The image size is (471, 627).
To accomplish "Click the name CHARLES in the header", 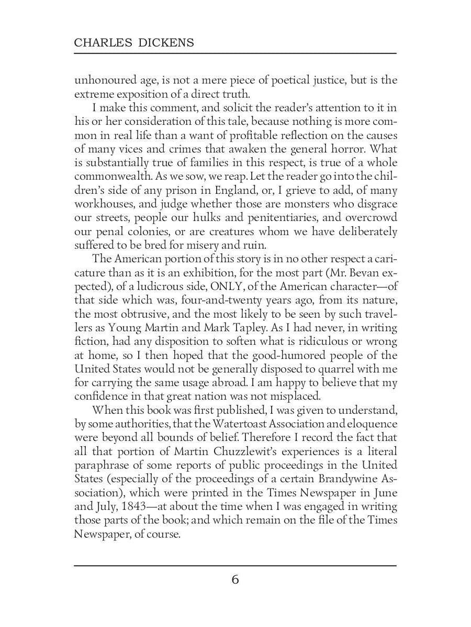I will (98, 43).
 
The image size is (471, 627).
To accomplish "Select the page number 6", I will (235, 579).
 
